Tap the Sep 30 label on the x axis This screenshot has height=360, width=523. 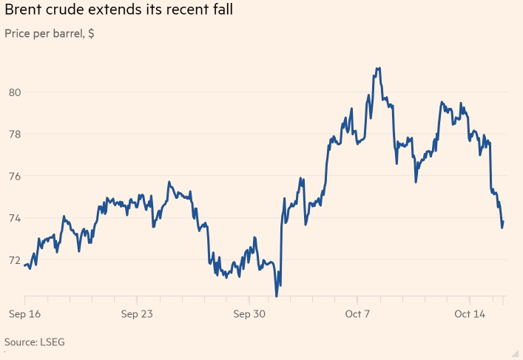249,314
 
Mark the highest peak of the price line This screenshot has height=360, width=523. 378,68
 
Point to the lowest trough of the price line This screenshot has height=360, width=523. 277,296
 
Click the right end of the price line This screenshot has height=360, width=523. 504,222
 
